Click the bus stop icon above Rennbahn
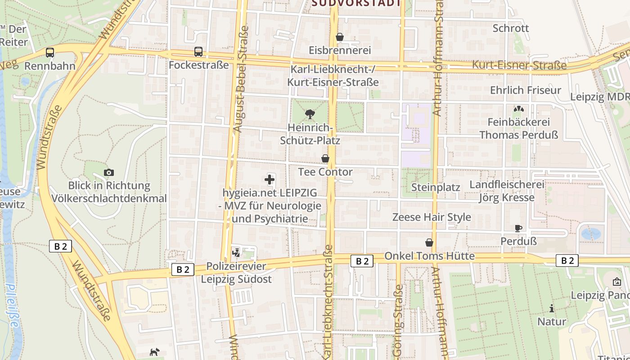coord(50,53)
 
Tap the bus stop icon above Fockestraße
coord(198,52)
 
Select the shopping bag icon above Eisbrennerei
coord(340,37)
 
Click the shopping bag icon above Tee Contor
coord(325,158)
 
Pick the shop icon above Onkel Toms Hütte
coord(429,243)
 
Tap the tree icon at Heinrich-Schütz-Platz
coord(310,114)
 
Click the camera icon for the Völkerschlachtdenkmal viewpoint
coord(108,172)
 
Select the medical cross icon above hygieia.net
coord(270,180)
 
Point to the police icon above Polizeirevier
coord(236,253)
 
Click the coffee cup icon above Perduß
coord(518,229)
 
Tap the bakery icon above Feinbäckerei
coord(518,109)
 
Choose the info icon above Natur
coord(552,309)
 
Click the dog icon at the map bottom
coord(154,352)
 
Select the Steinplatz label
coord(436,187)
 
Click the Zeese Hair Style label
coord(432,217)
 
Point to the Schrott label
coord(510,28)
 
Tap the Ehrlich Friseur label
coord(525,90)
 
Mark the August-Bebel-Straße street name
coord(241,79)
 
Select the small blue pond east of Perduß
coord(590,234)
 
